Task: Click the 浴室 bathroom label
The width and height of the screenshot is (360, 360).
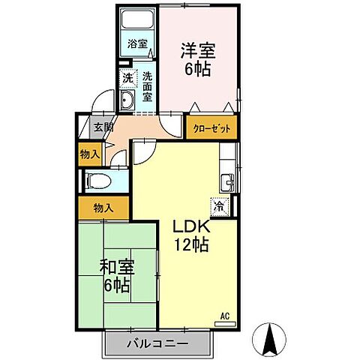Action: pos(136,44)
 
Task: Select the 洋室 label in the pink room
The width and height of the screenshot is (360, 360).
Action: pos(197,52)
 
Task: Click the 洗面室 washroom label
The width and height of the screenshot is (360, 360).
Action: pos(147,86)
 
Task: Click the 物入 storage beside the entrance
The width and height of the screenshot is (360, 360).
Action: pos(89,154)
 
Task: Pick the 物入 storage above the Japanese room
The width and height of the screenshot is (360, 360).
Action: pos(103,207)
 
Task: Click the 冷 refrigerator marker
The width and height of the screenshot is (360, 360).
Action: pos(217,204)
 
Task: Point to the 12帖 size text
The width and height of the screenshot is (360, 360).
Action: pos(192,244)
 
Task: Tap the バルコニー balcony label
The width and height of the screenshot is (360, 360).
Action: pos(156,343)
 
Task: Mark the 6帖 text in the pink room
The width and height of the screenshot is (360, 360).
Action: pos(197,70)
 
